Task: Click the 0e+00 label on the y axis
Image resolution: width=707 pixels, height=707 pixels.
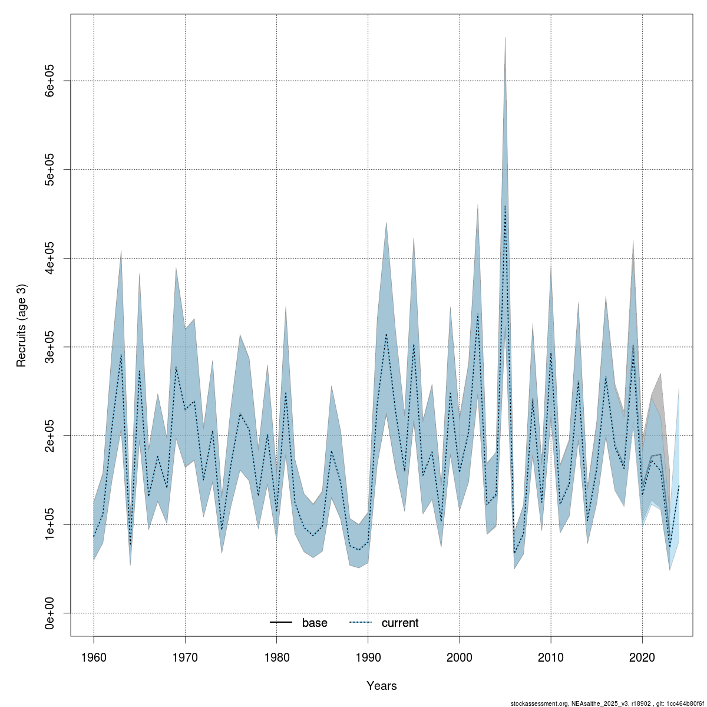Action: tap(51, 613)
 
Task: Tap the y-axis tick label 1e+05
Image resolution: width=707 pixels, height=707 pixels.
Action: tap(51, 524)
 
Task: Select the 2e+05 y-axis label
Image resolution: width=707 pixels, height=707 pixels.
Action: tap(51, 435)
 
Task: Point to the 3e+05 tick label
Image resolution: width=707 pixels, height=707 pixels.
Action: tap(51, 347)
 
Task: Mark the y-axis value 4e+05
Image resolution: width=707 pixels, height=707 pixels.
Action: tap(51, 258)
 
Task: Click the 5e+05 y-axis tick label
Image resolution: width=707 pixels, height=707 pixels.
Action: tap(51, 169)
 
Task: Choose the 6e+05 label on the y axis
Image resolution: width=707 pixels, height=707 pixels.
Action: tap(51, 81)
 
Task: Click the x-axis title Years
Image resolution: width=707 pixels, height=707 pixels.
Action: tap(381, 686)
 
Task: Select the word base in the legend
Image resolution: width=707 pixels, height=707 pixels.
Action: tap(315, 623)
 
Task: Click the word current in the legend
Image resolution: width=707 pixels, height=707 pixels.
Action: tap(400, 623)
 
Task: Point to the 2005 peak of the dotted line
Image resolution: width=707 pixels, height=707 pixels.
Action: tap(505, 206)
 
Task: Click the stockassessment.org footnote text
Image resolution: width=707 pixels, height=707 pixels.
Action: tap(607, 703)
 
